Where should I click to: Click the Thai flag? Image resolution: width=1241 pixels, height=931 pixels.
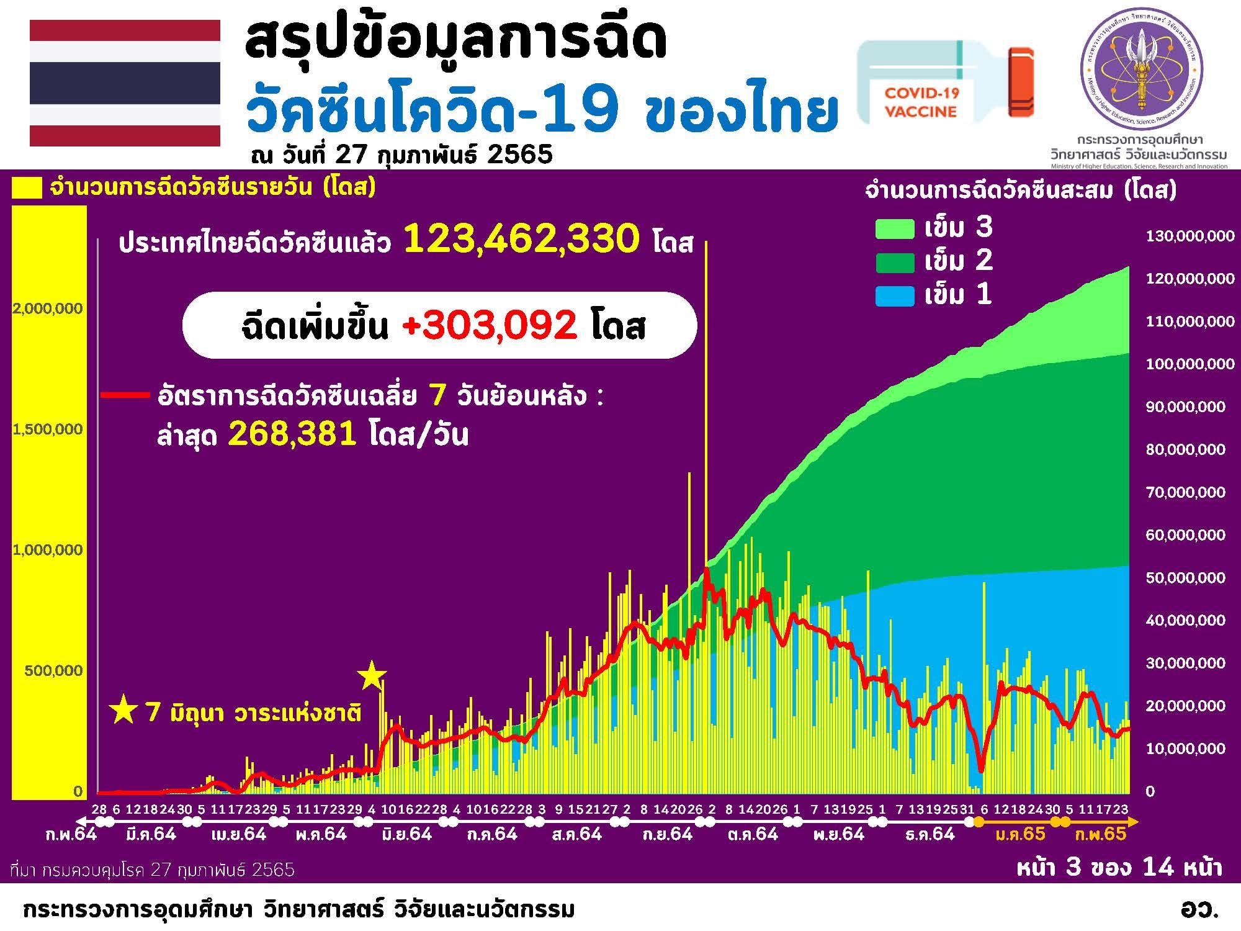click(125, 83)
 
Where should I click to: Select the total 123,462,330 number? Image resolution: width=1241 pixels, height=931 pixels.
click(521, 240)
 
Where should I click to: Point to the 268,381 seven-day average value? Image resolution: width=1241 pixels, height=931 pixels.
click(292, 434)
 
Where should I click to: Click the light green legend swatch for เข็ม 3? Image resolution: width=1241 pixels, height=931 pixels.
click(895, 228)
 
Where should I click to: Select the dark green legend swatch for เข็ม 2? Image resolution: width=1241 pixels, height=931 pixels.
click(895, 262)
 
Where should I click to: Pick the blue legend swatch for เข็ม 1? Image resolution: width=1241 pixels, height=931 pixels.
click(895, 295)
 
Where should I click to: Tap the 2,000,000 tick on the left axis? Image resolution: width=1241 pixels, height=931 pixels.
click(48, 308)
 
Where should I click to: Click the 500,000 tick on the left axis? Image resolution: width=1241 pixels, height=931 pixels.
click(53, 670)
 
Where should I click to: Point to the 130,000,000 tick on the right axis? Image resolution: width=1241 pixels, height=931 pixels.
click(1189, 236)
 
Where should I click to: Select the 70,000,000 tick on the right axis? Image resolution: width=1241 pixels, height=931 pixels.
click(1185, 492)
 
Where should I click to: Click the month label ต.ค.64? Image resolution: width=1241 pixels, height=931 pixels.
click(753, 834)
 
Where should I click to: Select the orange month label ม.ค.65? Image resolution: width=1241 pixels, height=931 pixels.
click(1020, 834)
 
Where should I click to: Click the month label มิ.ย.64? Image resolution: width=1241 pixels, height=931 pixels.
click(406, 834)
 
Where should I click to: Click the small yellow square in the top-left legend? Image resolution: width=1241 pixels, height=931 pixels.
click(27, 188)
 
